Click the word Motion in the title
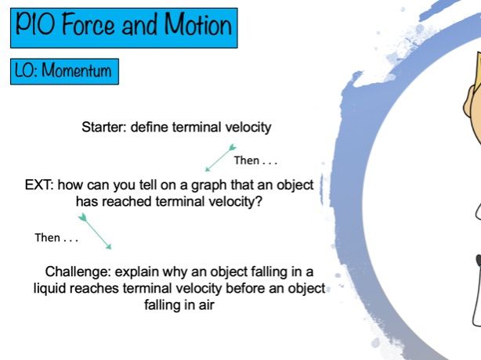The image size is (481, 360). (x=198, y=24)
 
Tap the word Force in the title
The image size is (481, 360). (x=88, y=24)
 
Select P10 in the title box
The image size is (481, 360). (x=35, y=24)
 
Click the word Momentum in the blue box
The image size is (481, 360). (x=77, y=70)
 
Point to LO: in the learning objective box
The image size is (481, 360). (x=26, y=70)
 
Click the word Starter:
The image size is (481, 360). (x=104, y=127)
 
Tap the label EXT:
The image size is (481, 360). (x=39, y=185)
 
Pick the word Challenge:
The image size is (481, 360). (x=78, y=272)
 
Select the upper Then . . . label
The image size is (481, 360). (x=255, y=160)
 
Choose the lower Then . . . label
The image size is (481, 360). (x=56, y=238)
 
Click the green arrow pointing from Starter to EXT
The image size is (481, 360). (x=221, y=158)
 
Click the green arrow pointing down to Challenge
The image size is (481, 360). (x=95, y=232)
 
